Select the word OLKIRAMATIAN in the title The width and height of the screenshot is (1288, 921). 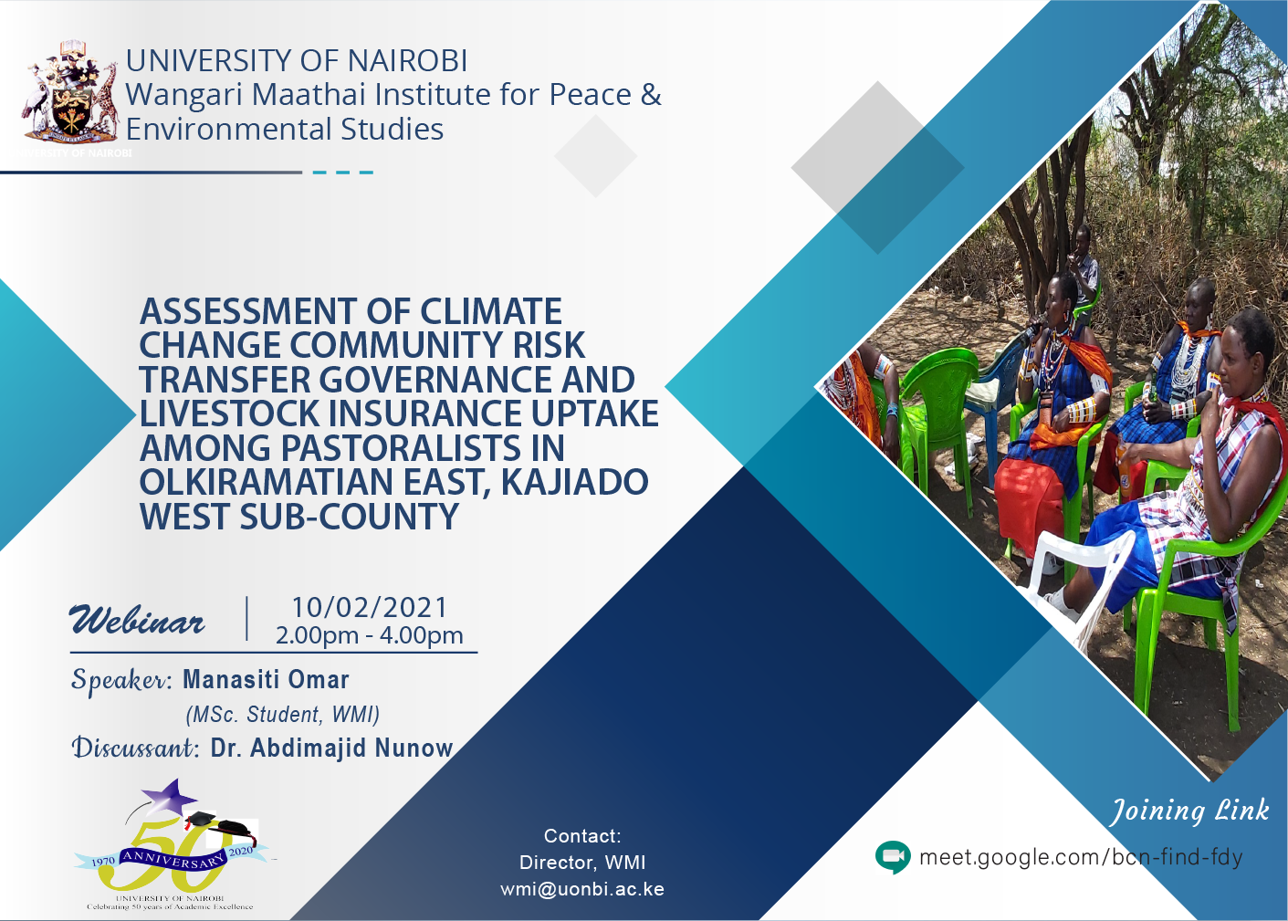click(266, 482)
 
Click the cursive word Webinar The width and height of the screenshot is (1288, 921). click(138, 622)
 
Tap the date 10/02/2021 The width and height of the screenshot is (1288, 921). click(369, 607)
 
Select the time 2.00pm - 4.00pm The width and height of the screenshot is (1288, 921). click(369, 635)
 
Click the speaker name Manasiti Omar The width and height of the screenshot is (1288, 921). click(266, 680)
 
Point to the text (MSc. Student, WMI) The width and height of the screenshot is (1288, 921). click(282, 715)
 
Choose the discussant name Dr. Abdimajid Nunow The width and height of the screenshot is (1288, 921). click(331, 748)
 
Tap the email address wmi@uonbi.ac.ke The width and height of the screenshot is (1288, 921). click(581, 889)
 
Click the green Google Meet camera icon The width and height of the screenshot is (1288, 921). click(892, 857)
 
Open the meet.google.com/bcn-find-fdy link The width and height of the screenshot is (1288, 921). click(1081, 857)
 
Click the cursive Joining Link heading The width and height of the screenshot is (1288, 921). click(1189, 811)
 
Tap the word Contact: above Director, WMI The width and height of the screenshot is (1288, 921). click(581, 836)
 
